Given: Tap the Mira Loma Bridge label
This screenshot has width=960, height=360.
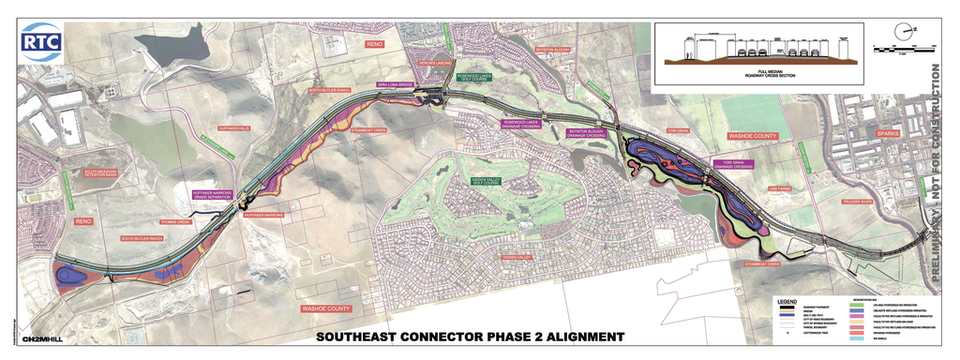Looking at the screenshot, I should point(395,84).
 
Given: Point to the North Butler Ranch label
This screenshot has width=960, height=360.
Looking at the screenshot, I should point(329,90).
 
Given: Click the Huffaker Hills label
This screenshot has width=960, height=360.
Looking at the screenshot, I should point(233,127).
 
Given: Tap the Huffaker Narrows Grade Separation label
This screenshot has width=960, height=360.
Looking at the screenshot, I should point(212,194).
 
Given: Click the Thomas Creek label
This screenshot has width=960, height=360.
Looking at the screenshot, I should point(176,222).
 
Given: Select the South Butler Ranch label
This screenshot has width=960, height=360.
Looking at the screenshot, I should point(142,239).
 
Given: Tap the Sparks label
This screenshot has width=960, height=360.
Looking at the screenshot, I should point(887,133).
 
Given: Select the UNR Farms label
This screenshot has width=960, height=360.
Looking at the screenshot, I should point(780,188).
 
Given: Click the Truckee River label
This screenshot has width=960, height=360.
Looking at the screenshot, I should point(832,202).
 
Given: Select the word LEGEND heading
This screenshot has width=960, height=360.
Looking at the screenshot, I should point(787,301).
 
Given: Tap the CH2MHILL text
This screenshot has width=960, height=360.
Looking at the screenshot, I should point(42,338).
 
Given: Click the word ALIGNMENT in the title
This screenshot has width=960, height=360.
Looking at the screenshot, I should point(576,337).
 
